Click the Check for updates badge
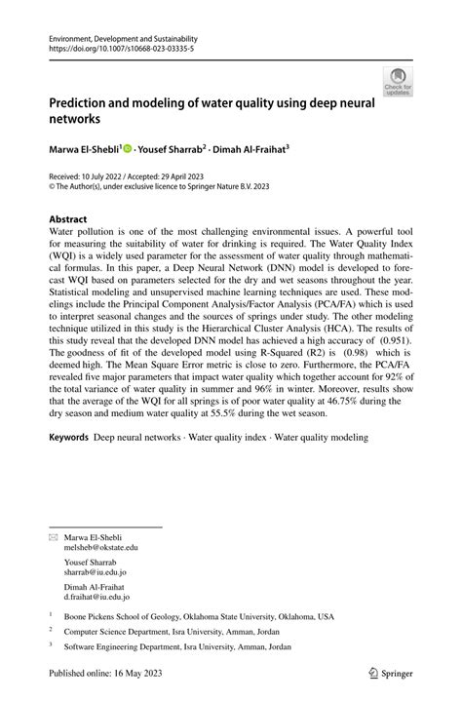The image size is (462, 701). tap(398, 83)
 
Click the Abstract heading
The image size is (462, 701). tap(73, 220)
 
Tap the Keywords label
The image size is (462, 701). tap(71, 438)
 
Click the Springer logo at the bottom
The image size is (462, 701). tap(390, 674)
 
